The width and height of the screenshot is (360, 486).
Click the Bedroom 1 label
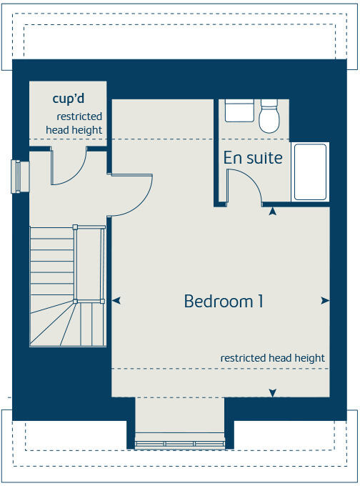click(224, 302)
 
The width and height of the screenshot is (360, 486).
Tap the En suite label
click(253, 158)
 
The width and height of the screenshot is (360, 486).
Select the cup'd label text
click(69, 99)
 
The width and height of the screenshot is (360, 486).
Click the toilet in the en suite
click(269, 116)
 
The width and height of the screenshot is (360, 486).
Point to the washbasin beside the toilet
click(239, 111)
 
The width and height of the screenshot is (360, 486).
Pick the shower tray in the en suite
click(310, 172)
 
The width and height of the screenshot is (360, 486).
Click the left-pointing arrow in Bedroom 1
click(116, 301)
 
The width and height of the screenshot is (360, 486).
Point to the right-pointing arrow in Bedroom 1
click(325, 301)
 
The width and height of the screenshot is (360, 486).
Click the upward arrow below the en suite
click(271, 211)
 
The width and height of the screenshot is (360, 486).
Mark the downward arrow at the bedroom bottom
click(272, 392)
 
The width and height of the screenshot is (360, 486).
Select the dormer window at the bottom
click(179, 443)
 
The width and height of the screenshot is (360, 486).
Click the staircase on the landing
click(64, 286)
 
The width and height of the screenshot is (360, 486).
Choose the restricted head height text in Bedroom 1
click(272, 358)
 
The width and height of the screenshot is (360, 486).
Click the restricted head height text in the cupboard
click(74, 123)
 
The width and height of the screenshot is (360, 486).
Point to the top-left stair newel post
click(76, 228)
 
